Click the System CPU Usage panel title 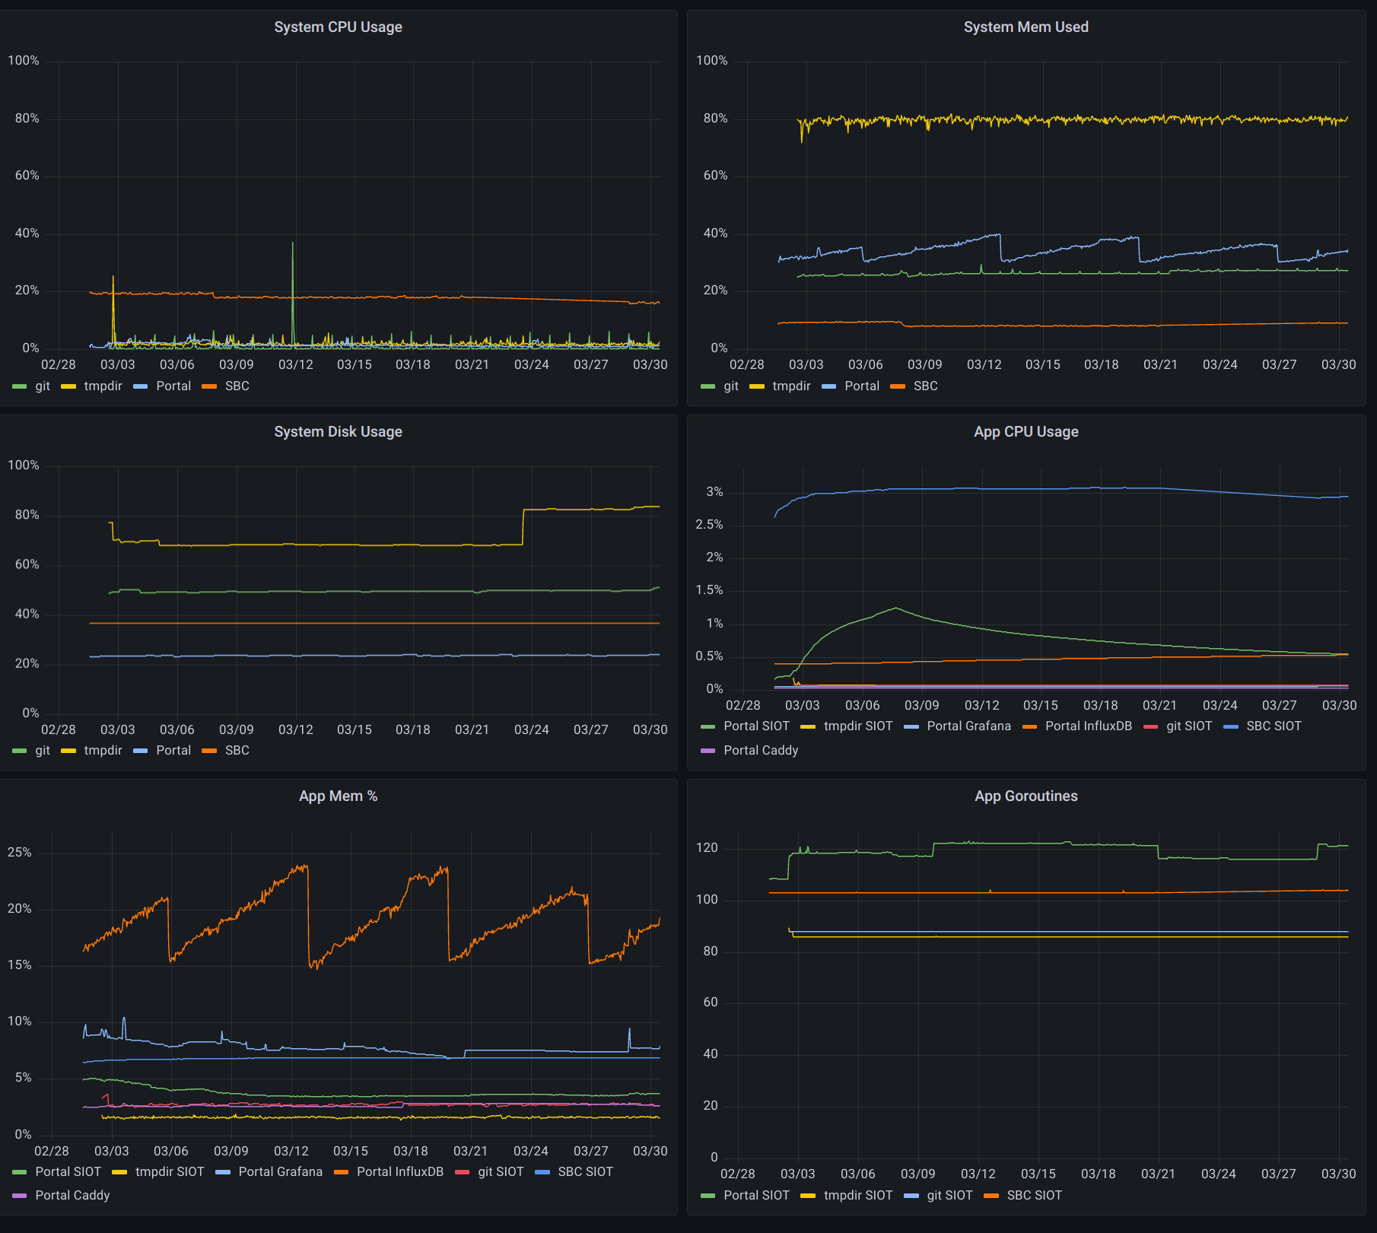click(338, 27)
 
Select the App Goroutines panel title click(1026, 796)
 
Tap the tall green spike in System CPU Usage click(293, 293)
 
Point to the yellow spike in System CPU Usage click(113, 308)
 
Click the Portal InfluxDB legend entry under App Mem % click(390, 1172)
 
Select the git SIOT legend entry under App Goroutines click(939, 1196)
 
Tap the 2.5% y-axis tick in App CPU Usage click(709, 525)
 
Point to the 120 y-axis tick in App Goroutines click(707, 848)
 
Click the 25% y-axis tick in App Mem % click(20, 853)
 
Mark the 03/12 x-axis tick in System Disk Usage click(296, 730)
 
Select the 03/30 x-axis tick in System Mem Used click(1339, 365)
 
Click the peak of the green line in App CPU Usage click(896, 608)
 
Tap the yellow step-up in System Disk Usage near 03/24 click(523, 526)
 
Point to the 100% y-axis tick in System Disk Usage click(24, 466)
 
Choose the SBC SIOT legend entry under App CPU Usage click(1263, 726)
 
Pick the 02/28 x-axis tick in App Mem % click(52, 1152)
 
